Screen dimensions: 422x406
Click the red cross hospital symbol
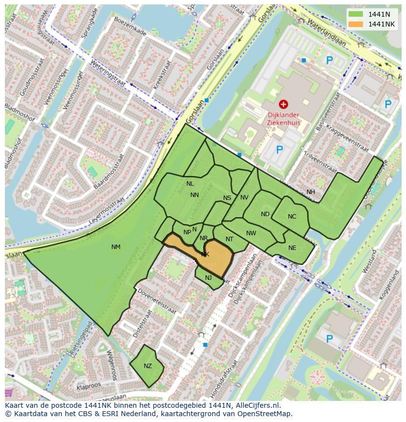pos(283,104)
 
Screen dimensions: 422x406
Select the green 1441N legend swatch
pos(356,14)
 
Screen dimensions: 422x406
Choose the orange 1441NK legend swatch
pos(356,24)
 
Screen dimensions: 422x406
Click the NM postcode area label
pos(116,247)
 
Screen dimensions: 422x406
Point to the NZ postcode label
pos(148,366)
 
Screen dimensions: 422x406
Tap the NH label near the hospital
pos(311,192)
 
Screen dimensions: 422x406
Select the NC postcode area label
pos(292,217)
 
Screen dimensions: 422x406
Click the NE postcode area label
pos(292,248)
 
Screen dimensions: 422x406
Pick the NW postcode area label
pos(251,233)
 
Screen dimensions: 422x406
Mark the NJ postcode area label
pos(208,278)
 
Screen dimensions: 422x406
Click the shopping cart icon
pos(9,393)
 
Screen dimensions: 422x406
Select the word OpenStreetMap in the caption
pos(268,414)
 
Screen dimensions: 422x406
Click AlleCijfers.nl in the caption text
pos(256,405)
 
